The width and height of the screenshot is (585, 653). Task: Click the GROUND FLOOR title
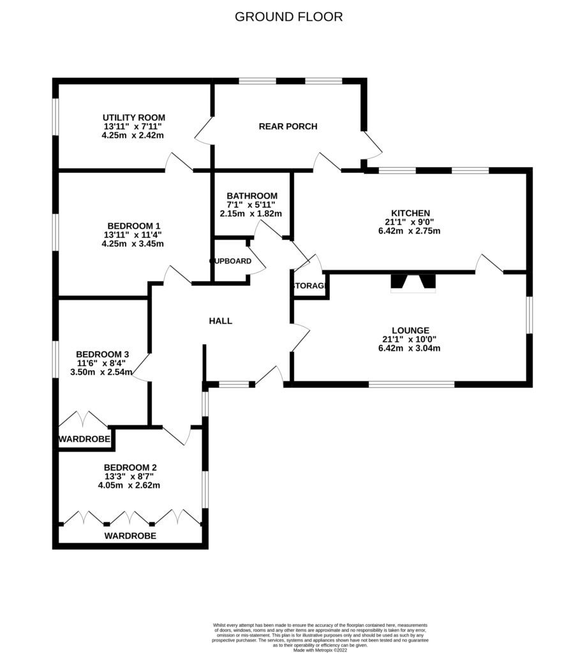(289, 17)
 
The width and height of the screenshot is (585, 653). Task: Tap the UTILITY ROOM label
(134, 117)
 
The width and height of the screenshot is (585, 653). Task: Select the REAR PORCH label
(288, 126)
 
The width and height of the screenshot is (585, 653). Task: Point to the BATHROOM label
(252, 196)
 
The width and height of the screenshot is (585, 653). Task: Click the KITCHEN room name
(410, 213)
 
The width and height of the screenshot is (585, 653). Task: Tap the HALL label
(221, 321)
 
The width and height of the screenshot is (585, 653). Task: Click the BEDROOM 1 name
(134, 226)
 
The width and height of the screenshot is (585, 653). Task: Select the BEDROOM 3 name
(103, 355)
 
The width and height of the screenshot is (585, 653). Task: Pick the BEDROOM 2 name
(130, 467)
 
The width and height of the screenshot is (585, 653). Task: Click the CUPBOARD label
(230, 261)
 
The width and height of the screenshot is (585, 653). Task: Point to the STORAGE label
(309, 287)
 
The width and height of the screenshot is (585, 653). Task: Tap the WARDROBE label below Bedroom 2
(130, 536)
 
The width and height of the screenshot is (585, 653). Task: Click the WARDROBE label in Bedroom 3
(85, 439)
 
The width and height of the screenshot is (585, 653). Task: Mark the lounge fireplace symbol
(413, 282)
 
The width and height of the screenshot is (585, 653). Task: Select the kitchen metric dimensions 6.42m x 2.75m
(410, 231)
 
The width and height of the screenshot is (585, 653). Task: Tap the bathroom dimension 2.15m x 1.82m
(251, 214)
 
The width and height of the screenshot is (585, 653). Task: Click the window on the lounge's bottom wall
(411, 385)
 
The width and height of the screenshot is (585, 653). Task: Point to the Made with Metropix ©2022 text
(320, 650)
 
